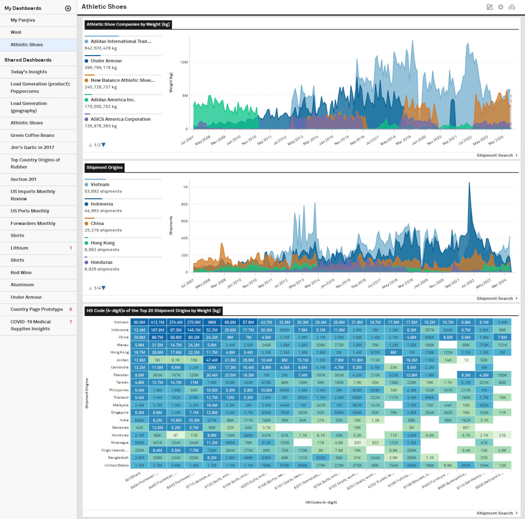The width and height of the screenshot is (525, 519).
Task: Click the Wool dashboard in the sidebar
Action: click(16, 32)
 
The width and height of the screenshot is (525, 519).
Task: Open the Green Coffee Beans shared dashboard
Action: click(32, 136)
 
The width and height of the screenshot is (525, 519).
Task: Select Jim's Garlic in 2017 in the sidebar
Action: click(32, 148)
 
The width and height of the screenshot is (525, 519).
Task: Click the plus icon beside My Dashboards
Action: click(68, 8)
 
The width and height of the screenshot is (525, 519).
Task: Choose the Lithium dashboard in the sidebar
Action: click(19, 248)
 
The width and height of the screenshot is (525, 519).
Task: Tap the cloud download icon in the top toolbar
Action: click(512, 7)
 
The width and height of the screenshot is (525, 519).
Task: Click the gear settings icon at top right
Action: click(501, 7)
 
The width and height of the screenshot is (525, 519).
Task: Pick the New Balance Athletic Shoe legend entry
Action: click(123, 80)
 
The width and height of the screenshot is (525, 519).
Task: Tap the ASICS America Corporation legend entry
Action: click(121, 120)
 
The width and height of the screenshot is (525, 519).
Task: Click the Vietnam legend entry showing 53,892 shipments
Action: click(100, 185)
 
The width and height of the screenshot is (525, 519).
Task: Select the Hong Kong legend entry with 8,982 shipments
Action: click(103, 243)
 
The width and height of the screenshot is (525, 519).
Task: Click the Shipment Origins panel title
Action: click(105, 168)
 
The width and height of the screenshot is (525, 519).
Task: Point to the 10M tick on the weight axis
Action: click(184, 62)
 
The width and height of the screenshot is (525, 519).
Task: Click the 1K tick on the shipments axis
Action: click(185, 187)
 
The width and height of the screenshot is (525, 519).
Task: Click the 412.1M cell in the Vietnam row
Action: click(157, 323)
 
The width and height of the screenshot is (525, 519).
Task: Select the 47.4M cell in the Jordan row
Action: click(212, 360)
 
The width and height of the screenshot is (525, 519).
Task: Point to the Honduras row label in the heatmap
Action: click(120, 435)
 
